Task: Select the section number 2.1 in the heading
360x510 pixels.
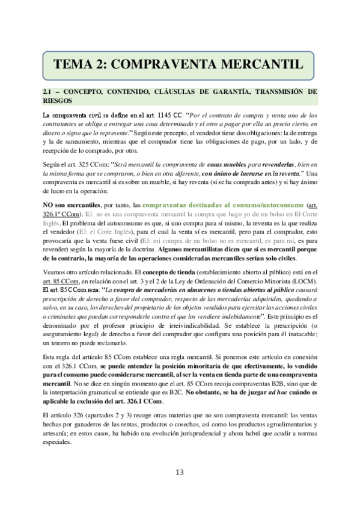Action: click(48, 91)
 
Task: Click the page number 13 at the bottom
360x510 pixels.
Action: click(180, 472)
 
